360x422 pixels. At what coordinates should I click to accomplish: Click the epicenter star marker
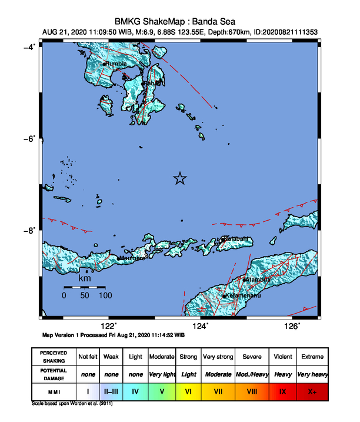coord(180,179)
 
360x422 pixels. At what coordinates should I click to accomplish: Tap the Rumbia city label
coord(117,63)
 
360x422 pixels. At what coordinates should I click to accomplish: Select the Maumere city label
coord(132,258)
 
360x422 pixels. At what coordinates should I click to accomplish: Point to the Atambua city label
coord(258,279)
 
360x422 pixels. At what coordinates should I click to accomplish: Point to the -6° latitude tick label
coord(30,138)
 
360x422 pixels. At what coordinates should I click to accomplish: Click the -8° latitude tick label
coord(30,230)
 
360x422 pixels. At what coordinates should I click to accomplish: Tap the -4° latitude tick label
coord(30,46)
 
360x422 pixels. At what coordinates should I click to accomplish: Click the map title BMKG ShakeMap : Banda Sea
coord(180,19)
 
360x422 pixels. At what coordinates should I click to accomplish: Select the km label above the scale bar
coord(85,278)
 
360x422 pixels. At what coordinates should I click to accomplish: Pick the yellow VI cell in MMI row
coord(188,391)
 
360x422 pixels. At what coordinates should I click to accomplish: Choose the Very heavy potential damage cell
coord(313,374)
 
